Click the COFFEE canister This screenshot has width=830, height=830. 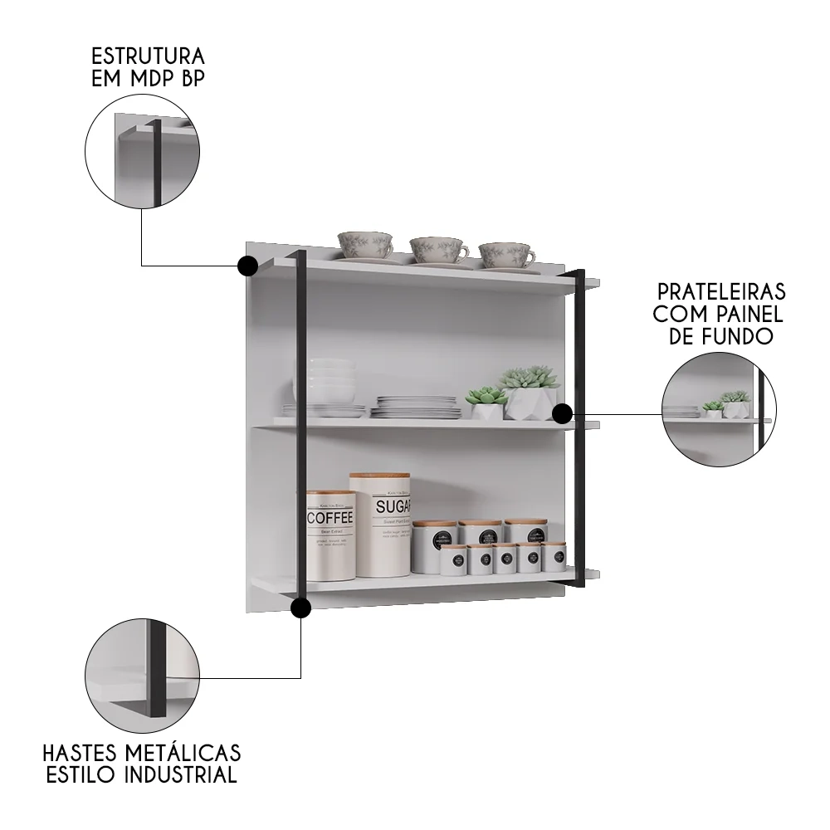point(330,535)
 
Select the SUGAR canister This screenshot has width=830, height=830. point(379,525)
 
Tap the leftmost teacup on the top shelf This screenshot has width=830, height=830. point(364,246)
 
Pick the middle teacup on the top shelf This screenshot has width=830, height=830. point(437,249)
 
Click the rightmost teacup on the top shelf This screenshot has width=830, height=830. point(505,254)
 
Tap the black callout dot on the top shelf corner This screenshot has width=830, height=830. point(247,266)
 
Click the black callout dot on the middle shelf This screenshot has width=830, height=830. point(562,413)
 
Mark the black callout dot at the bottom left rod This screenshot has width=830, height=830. point(301,608)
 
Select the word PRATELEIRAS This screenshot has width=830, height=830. point(721,292)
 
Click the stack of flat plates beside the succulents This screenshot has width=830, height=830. point(416,407)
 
